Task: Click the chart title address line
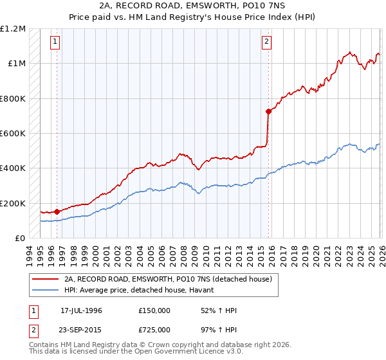192,6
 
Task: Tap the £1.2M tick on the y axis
14,29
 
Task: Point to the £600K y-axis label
13,134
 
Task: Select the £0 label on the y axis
19,239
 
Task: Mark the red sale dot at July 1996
57,211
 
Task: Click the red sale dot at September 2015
268,111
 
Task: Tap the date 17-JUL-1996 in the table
81,310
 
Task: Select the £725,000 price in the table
154,330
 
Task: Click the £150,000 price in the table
154,310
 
